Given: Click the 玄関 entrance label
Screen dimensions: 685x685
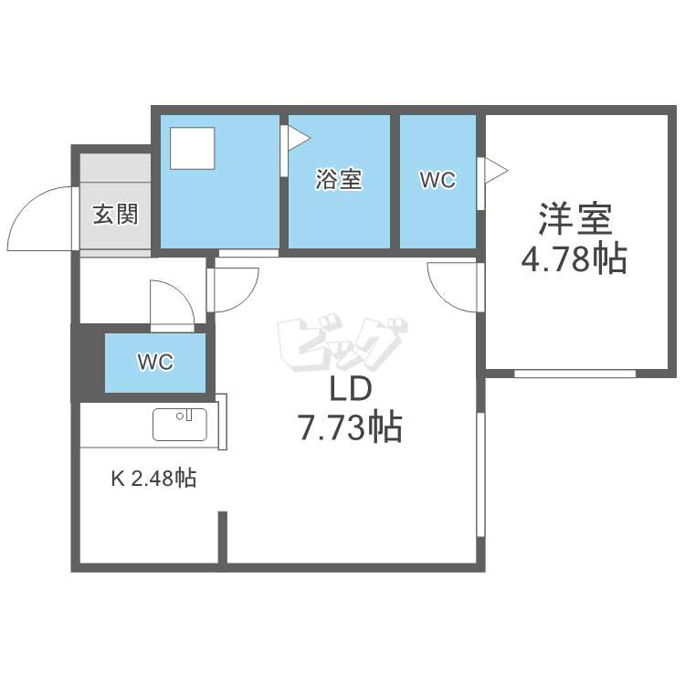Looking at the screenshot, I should pos(115,215).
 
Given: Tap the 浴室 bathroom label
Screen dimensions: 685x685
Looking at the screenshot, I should pos(339,180).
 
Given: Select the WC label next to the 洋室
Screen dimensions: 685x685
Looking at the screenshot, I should pos(437,180).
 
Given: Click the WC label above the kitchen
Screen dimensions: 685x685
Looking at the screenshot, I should pos(155,363).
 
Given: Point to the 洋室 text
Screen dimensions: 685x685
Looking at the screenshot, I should pos(574,219).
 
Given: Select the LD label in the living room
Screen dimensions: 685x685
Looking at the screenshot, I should pos(350,390).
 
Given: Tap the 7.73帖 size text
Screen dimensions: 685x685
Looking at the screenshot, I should pos(350,427).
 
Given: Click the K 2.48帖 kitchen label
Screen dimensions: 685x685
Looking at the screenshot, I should pos(153,478).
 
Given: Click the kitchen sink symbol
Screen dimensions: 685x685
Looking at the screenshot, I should pos(180,424).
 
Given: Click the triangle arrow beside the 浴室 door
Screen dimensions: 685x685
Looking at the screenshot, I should pos(298,138).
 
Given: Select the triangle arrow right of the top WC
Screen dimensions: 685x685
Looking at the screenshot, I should pos(494,170).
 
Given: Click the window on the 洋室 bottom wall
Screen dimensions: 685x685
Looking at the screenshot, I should pos(574,374).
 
